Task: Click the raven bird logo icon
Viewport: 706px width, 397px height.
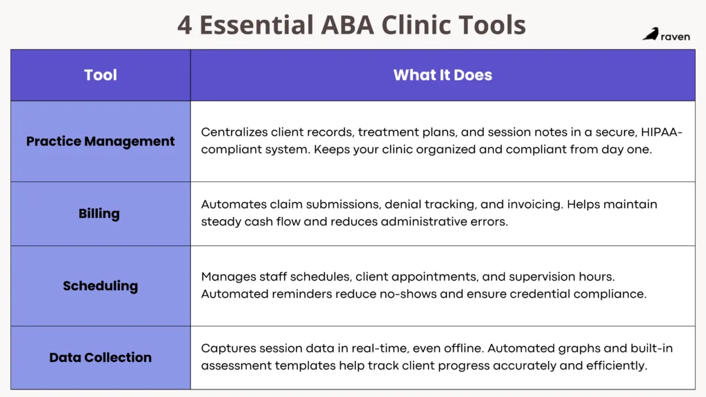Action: click(x=650, y=34)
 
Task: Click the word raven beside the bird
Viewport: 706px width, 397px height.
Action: click(x=675, y=36)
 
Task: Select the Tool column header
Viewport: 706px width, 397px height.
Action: click(x=101, y=75)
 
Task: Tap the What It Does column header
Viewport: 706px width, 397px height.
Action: click(x=443, y=75)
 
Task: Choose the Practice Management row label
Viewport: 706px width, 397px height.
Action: click(x=101, y=141)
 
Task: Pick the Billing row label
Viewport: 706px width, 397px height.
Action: click(x=99, y=214)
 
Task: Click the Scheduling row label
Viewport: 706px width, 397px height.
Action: click(x=101, y=285)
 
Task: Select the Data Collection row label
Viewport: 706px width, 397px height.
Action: click(x=101, y=357)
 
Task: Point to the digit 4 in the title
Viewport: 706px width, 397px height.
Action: click(x=184, y=26)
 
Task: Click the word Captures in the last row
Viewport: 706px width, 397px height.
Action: click(x=227, y=348)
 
